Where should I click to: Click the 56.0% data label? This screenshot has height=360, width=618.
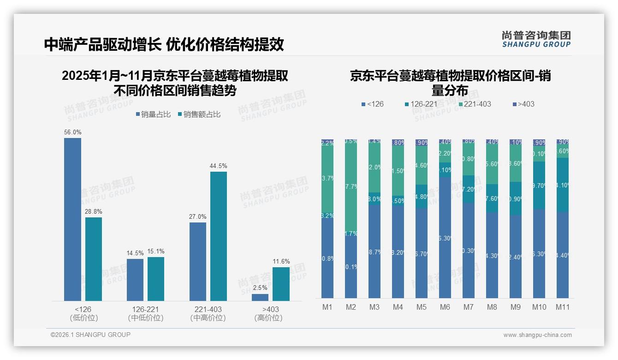[73, 132]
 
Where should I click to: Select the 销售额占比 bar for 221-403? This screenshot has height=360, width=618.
[219, 236]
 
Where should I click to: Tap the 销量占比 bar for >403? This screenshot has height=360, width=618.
[260, 298]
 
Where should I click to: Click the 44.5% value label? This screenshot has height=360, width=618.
[219, 166]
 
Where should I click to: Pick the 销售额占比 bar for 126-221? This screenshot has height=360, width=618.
[156, 279]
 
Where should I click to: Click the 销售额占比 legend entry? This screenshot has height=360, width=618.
[199, 114]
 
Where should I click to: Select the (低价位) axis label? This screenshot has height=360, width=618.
[83, 318]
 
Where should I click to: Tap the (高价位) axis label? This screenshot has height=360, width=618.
[268, 318]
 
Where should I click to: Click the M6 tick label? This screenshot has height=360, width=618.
[445, 307]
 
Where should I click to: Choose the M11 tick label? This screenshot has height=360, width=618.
[563, 307]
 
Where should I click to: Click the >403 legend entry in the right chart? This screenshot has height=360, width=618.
[523, 104]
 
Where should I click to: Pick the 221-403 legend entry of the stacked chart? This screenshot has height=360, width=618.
[474, 104]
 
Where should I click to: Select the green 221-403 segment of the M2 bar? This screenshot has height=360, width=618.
[351, 185]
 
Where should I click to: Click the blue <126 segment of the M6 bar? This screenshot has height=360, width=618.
[445, 238]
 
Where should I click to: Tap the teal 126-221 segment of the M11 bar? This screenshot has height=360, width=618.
[563, 185]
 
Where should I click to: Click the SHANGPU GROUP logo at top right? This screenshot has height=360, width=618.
[536, 39]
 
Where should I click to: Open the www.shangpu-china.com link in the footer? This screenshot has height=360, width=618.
[537, 335]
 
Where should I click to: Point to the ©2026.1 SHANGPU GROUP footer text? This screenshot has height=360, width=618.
[90, 335]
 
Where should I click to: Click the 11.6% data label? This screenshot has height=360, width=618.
[281, 262]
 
